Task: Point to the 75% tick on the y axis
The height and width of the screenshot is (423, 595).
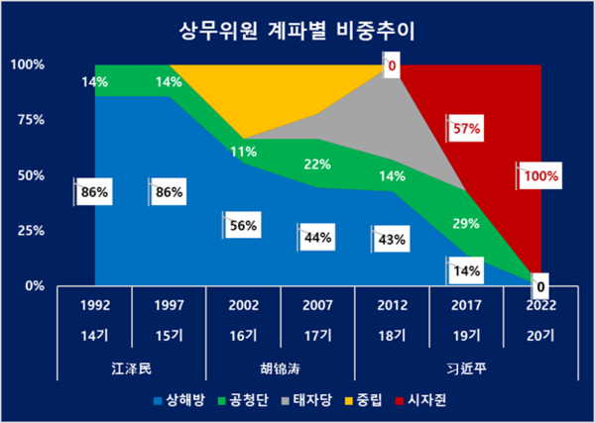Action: click(x=27, y=120)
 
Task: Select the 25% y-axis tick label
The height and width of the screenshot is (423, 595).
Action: click(x=27, y=231)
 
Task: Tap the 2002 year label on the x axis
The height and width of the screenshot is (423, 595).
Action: click(x=243, y=306)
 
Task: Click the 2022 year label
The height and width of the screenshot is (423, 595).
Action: click(x=539, y=306)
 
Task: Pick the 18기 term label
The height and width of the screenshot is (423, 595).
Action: click(x=391, y=337)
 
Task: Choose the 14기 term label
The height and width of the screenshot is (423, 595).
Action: click(x=94, y=337)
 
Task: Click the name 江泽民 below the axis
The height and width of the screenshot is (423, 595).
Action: click(x=131, y=369)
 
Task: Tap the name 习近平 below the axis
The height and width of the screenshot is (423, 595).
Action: click(x=464, y=369)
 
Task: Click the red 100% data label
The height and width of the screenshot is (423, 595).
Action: click(x=541, y=177)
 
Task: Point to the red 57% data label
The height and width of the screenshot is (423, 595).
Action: click(x=466, y=129)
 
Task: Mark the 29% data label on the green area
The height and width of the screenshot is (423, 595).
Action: click(x=464, y=225)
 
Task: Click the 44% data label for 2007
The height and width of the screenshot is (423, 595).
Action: click(x=317, y=238)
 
